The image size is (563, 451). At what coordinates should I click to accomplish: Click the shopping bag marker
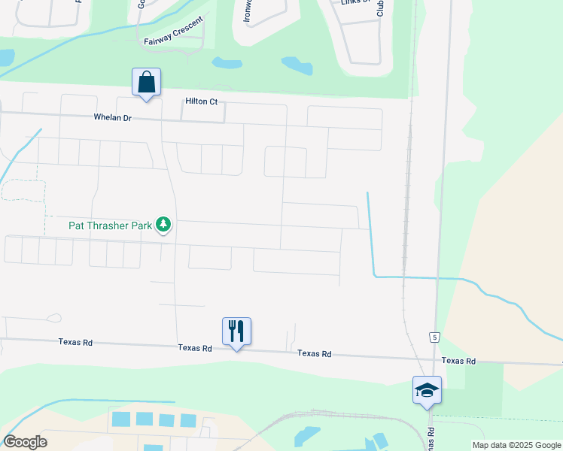(x=146, y=81)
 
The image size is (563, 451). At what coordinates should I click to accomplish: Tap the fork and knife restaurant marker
(x=236, y=330)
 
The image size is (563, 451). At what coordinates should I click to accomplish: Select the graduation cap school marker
(x=427, y=389)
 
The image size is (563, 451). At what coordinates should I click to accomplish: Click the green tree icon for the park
(x=163, y=224)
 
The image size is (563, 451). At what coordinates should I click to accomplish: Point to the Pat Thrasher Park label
(x=110, y=224)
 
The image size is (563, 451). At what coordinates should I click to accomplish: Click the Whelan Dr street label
(x=112, y=117)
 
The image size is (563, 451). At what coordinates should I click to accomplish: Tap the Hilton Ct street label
(x=201, y=101)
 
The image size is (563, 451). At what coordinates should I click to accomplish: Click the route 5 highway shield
(x=435, y=337)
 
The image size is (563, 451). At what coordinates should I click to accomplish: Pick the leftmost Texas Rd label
(x=75, y=343)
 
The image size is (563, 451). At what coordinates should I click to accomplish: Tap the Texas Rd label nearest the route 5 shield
(x=458, y=361)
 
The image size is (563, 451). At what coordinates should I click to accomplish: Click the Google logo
(x=25, y=442)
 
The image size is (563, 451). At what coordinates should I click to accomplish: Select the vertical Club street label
(x=380, y=8)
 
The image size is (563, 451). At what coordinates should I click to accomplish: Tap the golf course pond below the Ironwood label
(x=227, y=63)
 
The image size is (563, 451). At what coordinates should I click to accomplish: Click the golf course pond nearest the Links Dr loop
(x=297, y=65)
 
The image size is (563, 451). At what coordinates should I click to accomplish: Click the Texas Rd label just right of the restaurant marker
(x=314, y=353)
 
